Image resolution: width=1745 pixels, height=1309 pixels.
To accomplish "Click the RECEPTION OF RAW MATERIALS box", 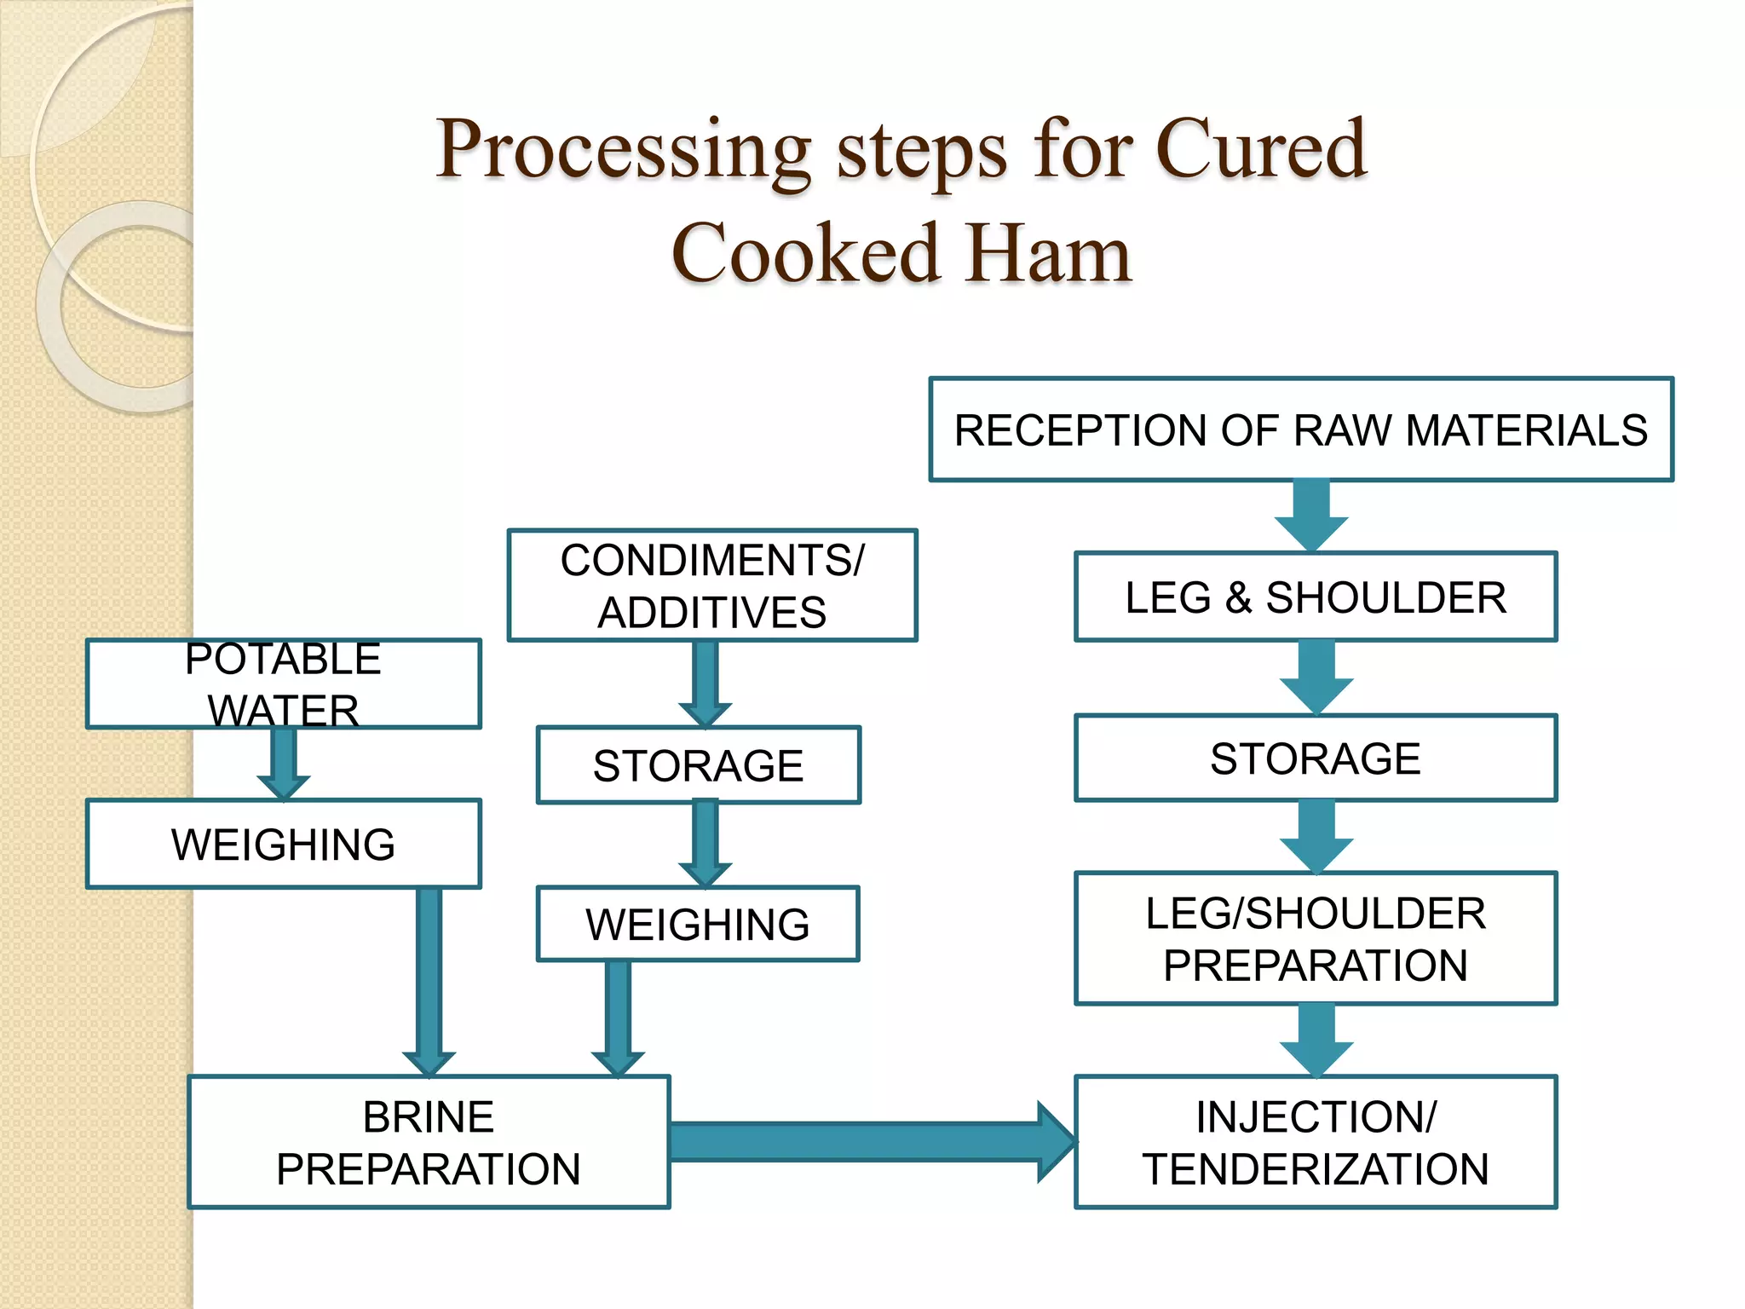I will coord(1301,430).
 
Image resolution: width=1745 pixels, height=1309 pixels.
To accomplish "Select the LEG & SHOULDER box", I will coord(1316,597).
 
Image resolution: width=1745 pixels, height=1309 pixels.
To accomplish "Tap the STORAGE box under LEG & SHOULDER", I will coord(1316,758).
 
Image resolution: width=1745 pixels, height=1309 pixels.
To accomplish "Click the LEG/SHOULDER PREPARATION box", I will coord(1316,938).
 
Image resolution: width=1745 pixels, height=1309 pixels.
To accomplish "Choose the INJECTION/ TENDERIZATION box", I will coord(1316,1142).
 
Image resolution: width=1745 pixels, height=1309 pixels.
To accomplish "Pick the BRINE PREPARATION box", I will coord(429,1142).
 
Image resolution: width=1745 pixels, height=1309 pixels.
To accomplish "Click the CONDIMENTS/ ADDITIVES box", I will coord(712,585).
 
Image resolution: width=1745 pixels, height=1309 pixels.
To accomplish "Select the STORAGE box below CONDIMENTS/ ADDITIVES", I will coord(698,764).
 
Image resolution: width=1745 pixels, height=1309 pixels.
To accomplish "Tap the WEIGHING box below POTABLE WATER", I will coord(284,844).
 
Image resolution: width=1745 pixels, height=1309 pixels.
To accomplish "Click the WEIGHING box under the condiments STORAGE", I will coord(698,924).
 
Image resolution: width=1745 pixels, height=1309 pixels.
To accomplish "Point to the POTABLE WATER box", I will coord(284,683).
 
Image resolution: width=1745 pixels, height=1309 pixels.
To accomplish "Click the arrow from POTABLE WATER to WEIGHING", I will coord(284,763).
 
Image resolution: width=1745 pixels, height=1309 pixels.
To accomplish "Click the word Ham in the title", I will coord(1049,254).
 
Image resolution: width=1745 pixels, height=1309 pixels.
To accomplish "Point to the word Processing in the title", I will coord(623,150).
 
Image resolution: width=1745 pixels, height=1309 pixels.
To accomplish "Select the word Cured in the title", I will coord(1260,150).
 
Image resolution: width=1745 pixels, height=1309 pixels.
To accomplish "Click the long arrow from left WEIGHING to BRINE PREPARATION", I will coord(429,980).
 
